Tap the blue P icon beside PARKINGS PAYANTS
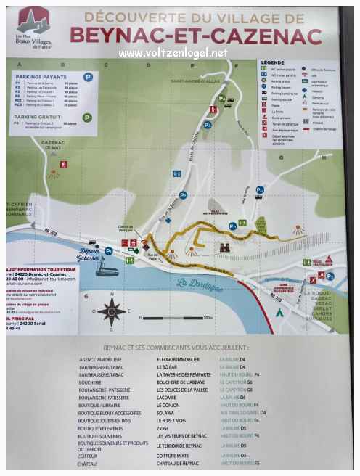[x=87, y=76]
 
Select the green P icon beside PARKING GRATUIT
[x=87, y=117]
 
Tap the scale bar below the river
[x=176, y=319]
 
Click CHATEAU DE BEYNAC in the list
[x=182, y=463]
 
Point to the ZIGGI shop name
[x=163, y=428]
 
